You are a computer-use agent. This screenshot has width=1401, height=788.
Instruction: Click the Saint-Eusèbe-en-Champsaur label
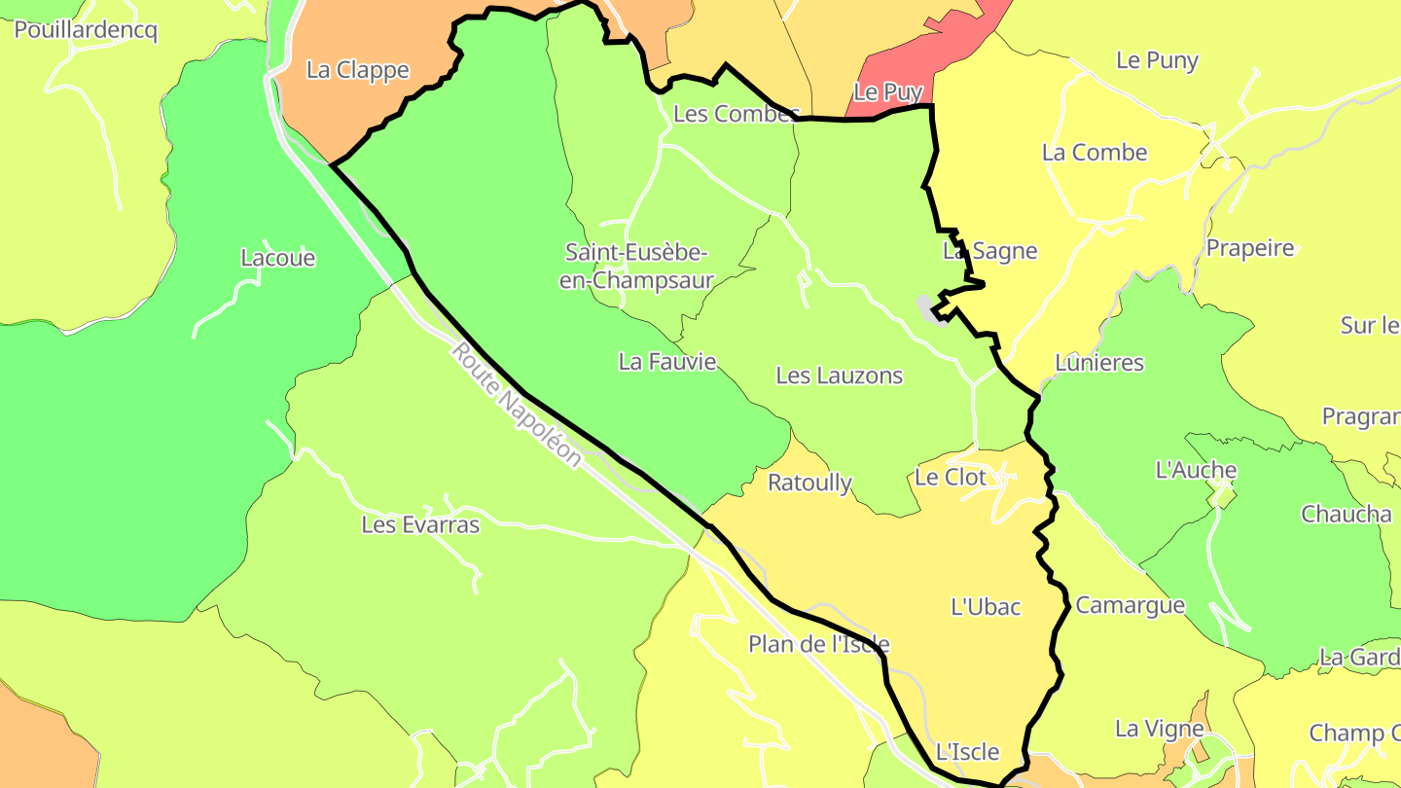click(639, 266)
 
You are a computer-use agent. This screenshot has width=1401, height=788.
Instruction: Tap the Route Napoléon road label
click(517, 404)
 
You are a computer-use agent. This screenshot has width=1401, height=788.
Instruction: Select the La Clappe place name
click(357, 70)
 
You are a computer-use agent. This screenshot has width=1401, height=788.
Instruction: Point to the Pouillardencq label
click(86, 29)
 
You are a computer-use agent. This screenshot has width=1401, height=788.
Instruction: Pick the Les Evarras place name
click(420, 524)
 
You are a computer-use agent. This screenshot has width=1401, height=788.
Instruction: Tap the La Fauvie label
click(667, 362)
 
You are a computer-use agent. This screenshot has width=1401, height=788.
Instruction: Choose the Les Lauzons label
click(839, 376)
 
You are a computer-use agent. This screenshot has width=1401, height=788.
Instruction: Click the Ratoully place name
click(809, 483)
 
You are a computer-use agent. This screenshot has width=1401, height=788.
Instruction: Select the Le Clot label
click(951, 477)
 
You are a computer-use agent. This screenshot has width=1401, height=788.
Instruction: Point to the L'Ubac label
click(986, 607)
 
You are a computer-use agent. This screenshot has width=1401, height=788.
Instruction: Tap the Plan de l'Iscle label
click(818, 644)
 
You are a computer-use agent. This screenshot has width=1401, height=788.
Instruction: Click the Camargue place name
click(1130, 605)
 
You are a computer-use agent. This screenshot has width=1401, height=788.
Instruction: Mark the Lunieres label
click(1099, 363)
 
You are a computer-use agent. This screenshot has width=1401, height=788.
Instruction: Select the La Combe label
click(1095, 153)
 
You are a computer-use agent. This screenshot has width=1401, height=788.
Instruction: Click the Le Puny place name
click(1157, 60)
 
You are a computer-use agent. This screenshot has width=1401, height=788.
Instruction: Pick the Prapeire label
click(1250, 248)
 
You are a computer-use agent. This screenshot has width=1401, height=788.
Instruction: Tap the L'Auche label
click(1196, 470)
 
